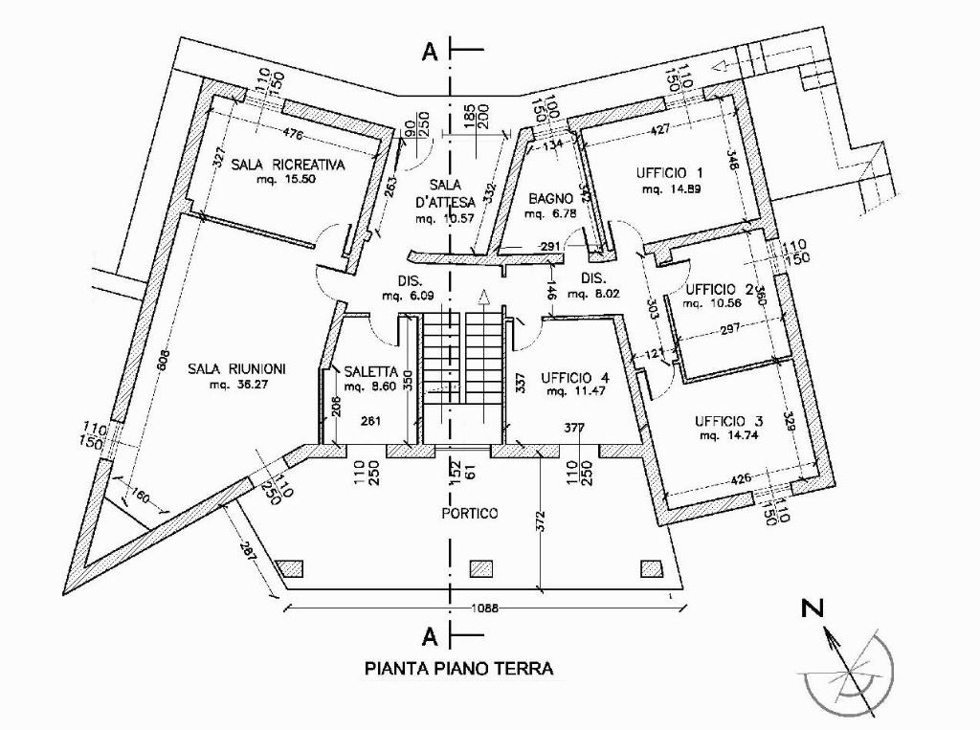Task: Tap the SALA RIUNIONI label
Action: (236, 369)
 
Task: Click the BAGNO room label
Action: (551, 198)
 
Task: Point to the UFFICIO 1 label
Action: (670, 173)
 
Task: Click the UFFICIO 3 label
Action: (729, 420)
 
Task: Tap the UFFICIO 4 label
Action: (573, 376)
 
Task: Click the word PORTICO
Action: (470, 514)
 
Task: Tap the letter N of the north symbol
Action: (813, 607)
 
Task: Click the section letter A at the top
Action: (430, 53)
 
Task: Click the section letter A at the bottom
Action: (430, 634)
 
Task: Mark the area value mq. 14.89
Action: (667, 189)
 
